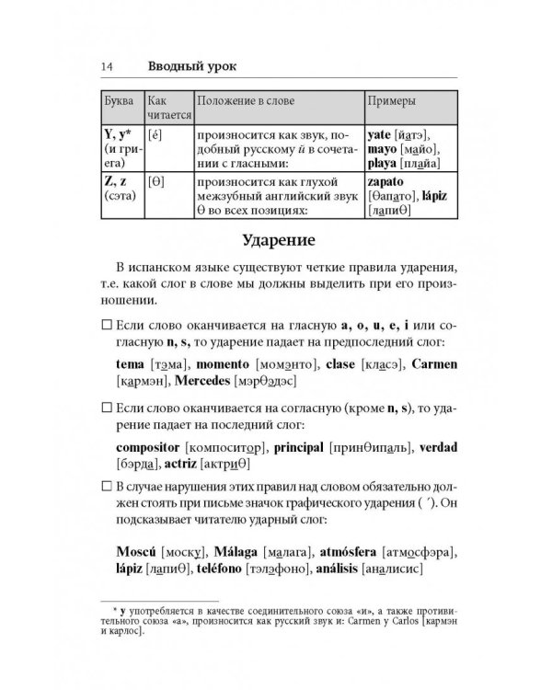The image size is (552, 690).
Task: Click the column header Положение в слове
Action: coord(247,98)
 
